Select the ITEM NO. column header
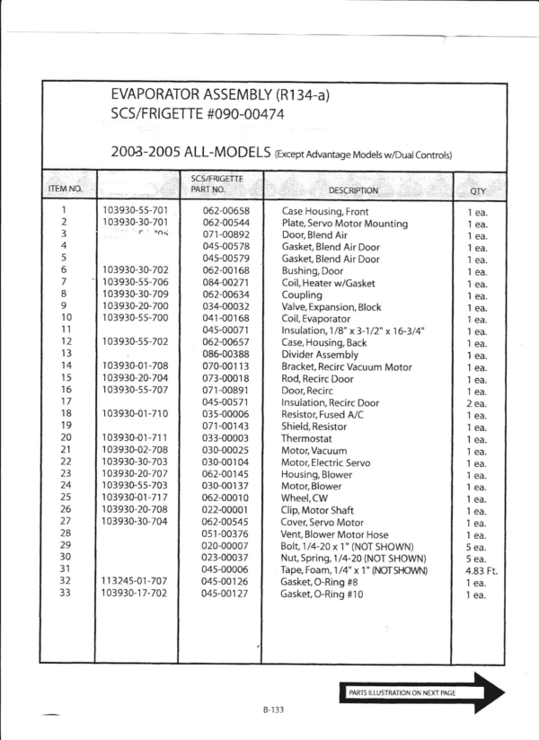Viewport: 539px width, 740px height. coord(65,189)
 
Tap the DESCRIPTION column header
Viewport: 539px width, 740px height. coord(353,190)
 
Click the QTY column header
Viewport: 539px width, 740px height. coord(477,190)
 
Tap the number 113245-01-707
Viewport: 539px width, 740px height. coord(134,582)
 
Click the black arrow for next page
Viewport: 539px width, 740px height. coord(421,692)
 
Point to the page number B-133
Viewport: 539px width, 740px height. coord(274,709)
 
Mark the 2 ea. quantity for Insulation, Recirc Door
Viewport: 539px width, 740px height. coord(476,403)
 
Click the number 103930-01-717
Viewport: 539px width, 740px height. coord(134,498)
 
